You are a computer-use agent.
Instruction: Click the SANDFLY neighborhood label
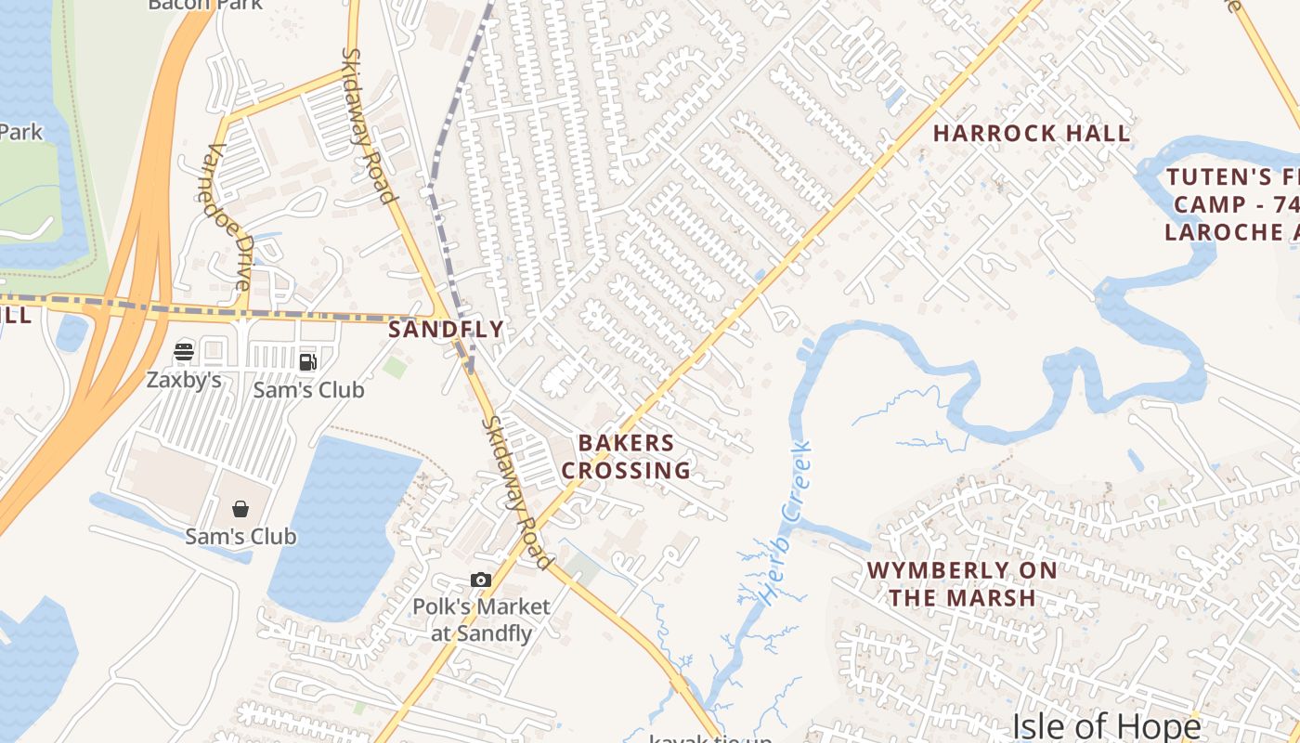(446, 329)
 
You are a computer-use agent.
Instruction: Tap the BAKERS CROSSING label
(626, 456)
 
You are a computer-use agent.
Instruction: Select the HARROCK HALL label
(1032, 133)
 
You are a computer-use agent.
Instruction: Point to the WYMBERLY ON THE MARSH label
(962, 583)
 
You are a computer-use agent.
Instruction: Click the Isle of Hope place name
(1106, 724)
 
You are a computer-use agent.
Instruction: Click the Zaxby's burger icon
(184, 352)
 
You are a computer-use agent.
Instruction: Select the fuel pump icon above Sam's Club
(307, 361)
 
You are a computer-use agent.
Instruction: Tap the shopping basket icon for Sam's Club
(240, 508)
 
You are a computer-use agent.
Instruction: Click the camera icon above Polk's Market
(480, 580)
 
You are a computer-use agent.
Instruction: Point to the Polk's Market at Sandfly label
(481, 619)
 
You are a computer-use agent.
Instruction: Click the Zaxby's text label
(184, 379)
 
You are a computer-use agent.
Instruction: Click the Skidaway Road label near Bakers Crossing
(515, 492)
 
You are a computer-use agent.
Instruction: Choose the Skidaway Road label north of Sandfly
(368, 125)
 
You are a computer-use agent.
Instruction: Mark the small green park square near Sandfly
(395, 366)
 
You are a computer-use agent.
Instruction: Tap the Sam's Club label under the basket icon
(240, 536)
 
